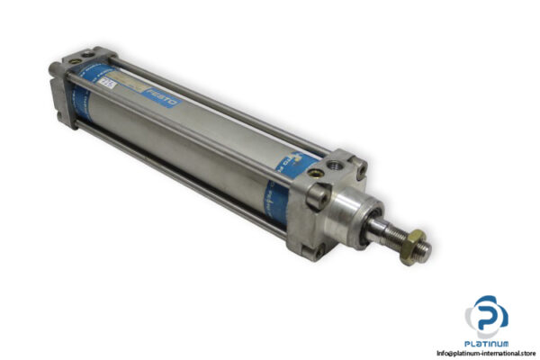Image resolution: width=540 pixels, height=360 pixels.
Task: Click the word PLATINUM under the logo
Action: click(488, 343)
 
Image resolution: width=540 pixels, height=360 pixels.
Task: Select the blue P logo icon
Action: click(487, 314)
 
